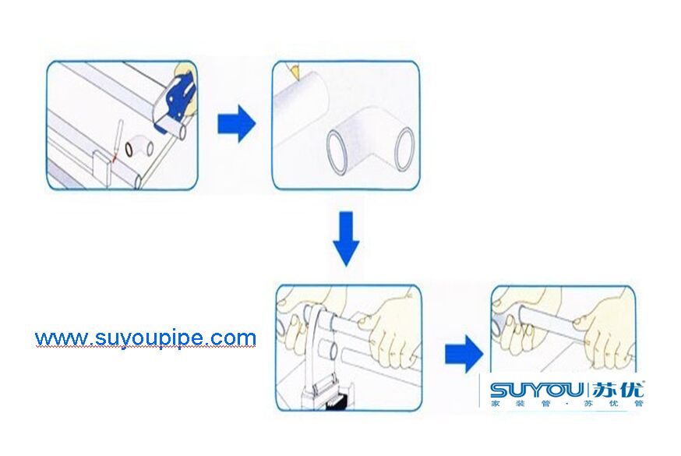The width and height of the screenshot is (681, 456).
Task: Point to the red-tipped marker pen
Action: (x=117, y=141)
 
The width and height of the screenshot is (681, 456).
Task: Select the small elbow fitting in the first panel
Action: (x=139, y=147)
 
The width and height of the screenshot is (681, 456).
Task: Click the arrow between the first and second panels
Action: (x=236, y=124)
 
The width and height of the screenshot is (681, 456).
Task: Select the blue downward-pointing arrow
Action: (x=346, y=238)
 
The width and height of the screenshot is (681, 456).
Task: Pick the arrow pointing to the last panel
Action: (x=464, y=354)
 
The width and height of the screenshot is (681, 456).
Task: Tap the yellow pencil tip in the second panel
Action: (x=295, y=70)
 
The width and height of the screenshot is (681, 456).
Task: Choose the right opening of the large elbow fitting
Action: (x=404, y=149)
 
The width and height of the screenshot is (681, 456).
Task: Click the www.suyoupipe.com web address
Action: (x=146, y=338)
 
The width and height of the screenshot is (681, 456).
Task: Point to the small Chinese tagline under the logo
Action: (x=566, y=404)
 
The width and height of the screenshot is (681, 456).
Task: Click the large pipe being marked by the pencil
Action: (x=300, y=108)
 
